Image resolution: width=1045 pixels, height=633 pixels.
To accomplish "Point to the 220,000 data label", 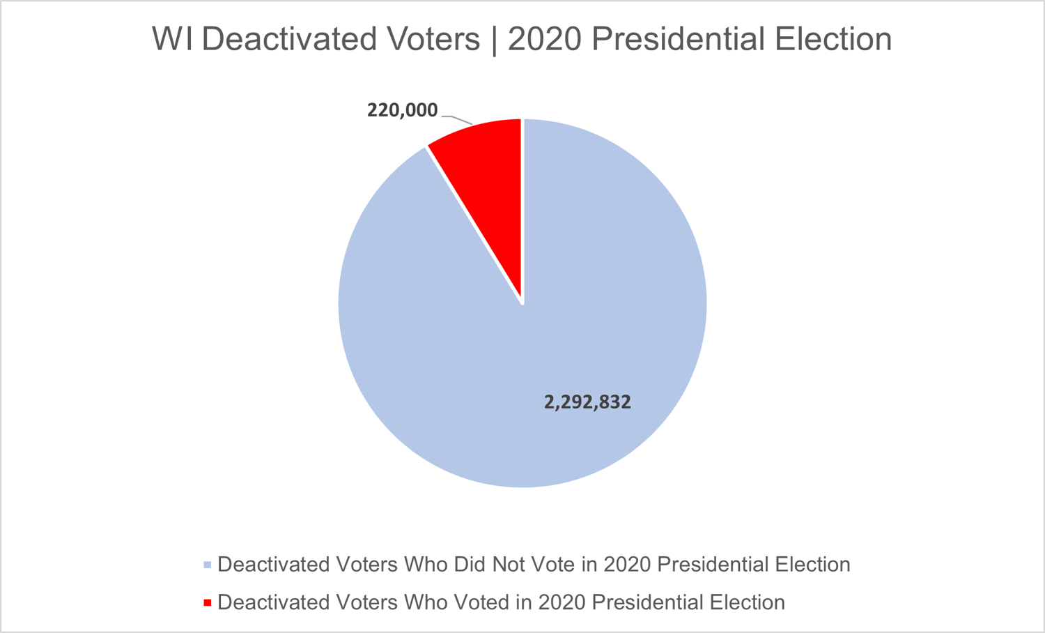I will pos(402,110).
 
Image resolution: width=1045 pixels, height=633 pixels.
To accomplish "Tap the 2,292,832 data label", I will pos(587,402).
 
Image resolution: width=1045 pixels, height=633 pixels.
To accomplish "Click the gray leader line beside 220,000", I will pos(457,119).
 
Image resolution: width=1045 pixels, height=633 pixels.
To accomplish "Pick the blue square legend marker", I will pos(207,565).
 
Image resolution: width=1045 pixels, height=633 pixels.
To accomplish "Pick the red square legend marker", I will pos(207,602).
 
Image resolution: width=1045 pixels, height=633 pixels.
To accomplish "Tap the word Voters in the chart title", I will pos(432,39).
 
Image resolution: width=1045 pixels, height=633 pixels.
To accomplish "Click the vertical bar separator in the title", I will pos(495,39).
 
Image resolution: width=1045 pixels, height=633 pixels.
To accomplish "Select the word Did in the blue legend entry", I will pos(470,565).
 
